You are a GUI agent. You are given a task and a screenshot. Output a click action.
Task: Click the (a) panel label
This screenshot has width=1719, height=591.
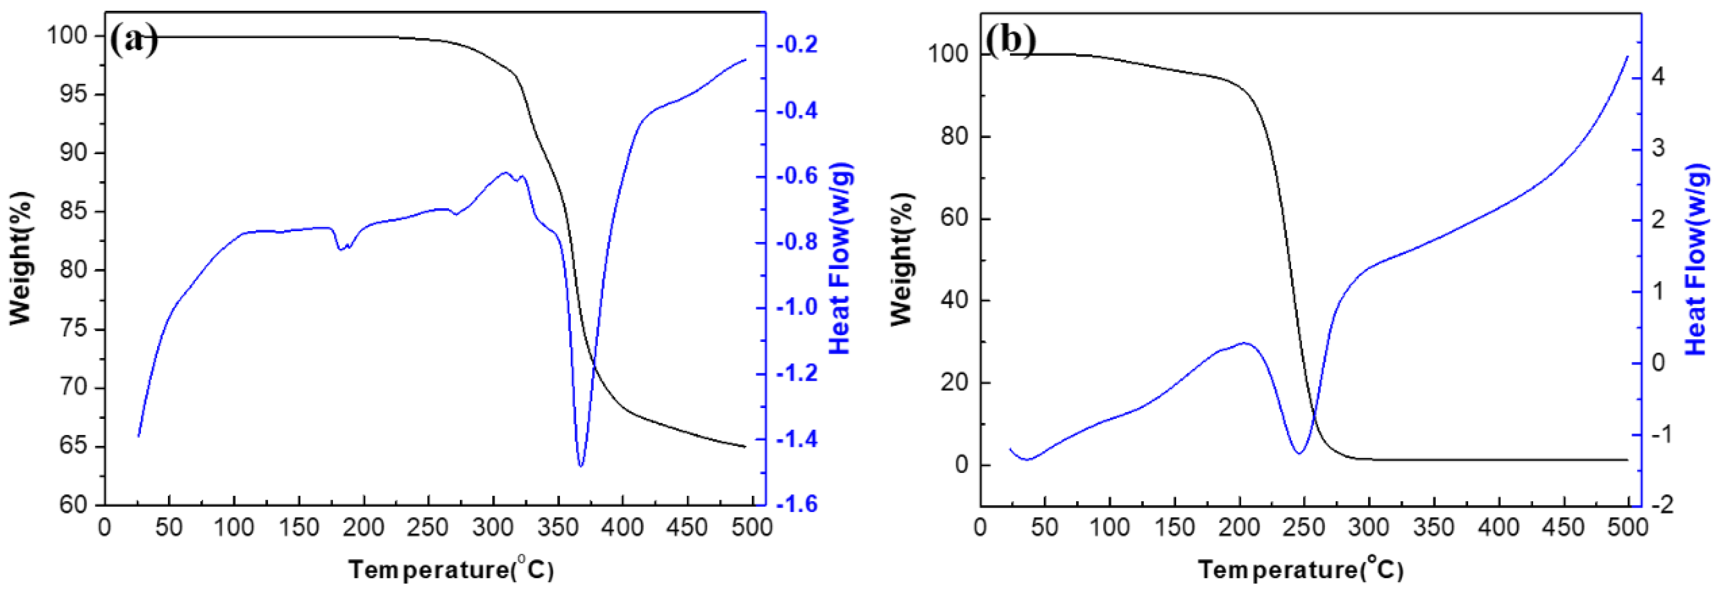click(134, 40)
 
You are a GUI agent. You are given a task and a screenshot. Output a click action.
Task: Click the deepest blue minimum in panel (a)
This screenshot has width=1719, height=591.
click(581, 465)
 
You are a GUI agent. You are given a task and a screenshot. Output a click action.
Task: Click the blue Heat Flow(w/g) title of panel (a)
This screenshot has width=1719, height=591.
click(840, 258)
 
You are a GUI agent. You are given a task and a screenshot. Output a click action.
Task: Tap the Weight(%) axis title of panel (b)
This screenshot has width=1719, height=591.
click(901, 259)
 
